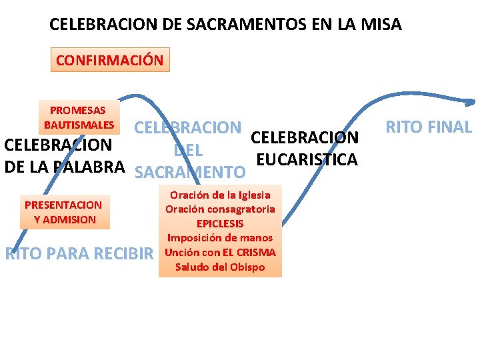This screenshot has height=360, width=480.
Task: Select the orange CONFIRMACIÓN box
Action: [x=110, y=60]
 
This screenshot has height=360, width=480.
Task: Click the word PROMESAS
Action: [x=77, y=111]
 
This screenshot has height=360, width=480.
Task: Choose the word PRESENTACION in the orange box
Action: [x=63, y=205]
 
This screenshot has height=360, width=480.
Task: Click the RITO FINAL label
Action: [x=429, y=127]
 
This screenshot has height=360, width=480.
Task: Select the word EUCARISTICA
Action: [x=307, y=160]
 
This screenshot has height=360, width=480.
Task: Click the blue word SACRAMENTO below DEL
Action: [x=190, y=173]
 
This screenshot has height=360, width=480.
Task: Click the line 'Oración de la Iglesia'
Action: [x=220, y=195]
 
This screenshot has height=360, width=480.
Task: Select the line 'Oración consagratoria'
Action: [x=220, y=209]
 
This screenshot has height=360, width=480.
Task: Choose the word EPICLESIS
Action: [x=220, y=224]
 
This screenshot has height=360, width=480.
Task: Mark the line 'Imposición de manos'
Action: [x=220, y=238]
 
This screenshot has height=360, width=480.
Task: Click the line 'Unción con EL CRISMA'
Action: [x=220, y=253]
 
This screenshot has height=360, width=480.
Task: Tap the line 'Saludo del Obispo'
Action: [x=220, y=267]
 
